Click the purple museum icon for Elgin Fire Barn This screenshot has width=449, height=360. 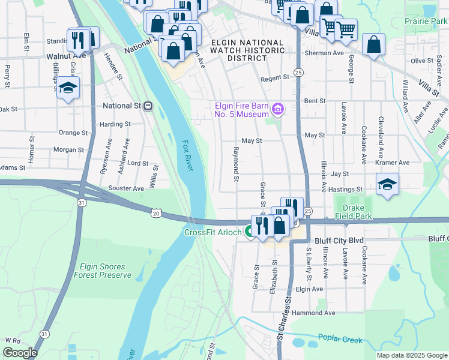277,109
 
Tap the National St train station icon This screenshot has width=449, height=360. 148,106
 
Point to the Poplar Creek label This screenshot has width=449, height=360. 340,340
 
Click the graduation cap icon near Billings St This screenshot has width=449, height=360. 68,88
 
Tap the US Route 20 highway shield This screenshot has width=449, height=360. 156,213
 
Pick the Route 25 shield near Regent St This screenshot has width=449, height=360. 298,72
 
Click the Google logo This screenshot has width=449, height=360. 20,353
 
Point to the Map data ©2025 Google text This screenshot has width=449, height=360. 411,355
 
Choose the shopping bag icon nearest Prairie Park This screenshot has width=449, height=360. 373,46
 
